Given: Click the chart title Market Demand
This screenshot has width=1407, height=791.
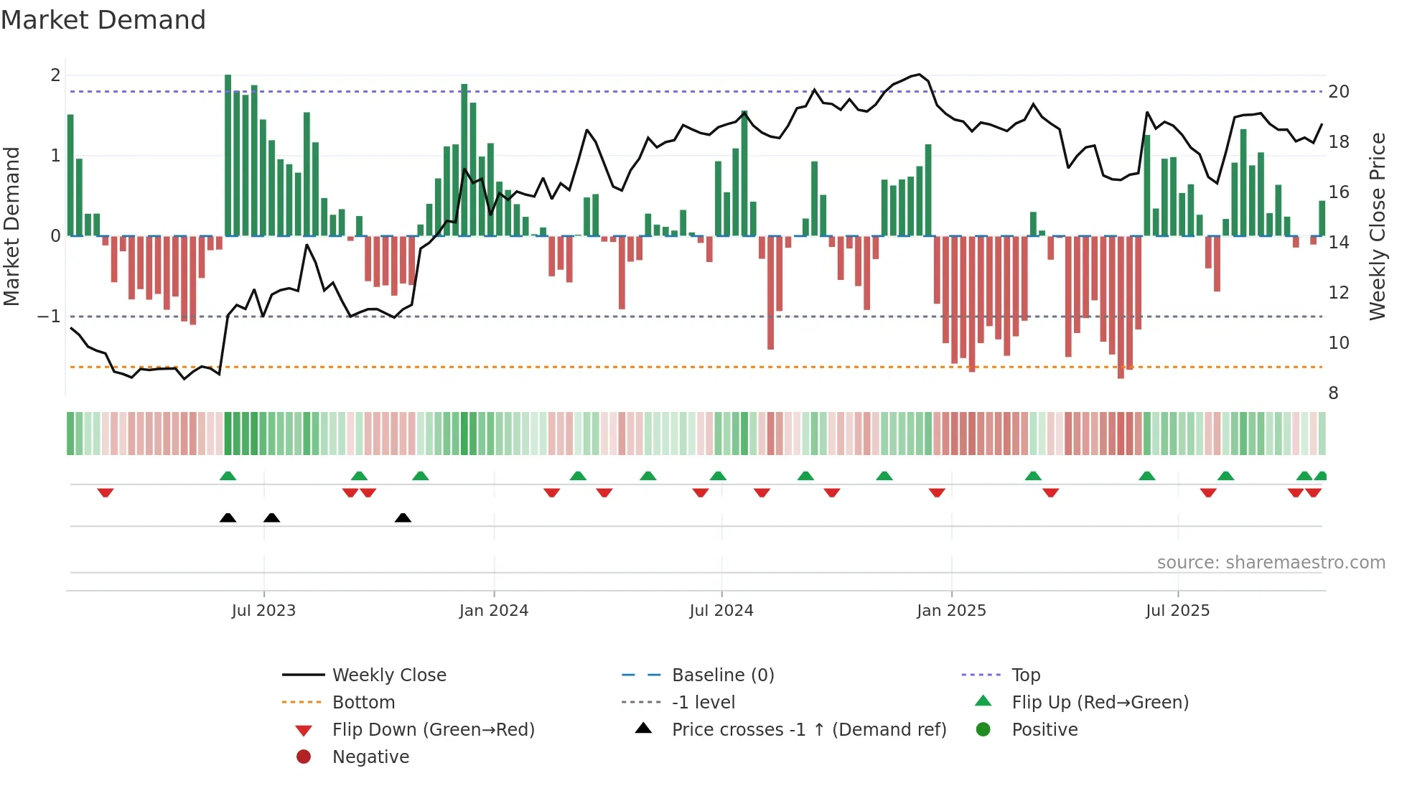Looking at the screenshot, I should (103, 20).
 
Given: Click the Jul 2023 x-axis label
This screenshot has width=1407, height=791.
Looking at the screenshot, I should (263, 611).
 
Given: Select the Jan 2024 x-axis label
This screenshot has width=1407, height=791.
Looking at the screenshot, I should (494, 611).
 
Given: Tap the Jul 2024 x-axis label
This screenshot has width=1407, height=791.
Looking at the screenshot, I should (721, 611).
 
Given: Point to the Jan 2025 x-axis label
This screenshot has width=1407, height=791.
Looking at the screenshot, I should (951, 611).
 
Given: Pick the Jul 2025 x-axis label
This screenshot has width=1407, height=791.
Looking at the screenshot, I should (1177, 611).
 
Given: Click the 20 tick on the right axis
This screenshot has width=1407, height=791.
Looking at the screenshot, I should (1339, 92).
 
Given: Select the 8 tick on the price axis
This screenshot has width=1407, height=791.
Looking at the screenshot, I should (1333, 393).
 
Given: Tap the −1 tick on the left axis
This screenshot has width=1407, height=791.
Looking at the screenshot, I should (49, 317).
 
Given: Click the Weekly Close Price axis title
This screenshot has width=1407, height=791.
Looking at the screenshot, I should (1377, 226).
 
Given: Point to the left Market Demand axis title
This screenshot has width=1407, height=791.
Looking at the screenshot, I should (11, 226).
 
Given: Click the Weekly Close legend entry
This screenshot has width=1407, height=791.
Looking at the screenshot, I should (389, 675).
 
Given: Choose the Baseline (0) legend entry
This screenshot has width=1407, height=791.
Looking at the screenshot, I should (723, 675).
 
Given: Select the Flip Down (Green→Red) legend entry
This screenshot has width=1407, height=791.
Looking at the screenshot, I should (433, 730).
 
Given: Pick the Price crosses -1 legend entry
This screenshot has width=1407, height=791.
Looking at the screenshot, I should (809, 730).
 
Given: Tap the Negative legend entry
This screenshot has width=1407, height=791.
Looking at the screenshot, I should (370, 757).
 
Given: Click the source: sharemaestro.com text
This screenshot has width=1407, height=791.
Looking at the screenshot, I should (1271, 563).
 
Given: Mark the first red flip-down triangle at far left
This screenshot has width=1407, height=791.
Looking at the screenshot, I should (106, 493).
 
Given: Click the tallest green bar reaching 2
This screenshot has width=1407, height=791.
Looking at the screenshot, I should (228, 154).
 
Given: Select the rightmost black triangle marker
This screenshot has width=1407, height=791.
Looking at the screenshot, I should (403, 518).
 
